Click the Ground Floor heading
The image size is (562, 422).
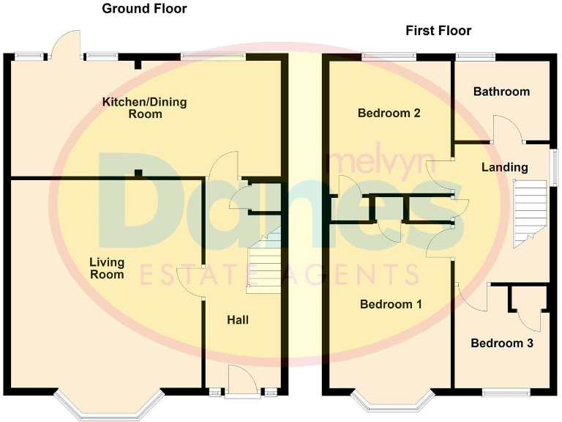coord(144,9)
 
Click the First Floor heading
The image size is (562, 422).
coord(438,31)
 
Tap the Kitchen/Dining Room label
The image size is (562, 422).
coord(144,108)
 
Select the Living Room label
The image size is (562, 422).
coord(107,268)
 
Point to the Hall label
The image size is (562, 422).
coord(237,320)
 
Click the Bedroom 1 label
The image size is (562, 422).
coord(391,305)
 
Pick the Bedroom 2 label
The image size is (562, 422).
coord(389,114)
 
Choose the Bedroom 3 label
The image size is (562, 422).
coord(501,343)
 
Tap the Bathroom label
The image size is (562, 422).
coord(501,92)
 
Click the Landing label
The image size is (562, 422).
coord(504,167)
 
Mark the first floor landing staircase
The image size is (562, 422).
coord(530,212)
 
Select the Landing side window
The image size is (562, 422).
coord(554,167)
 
